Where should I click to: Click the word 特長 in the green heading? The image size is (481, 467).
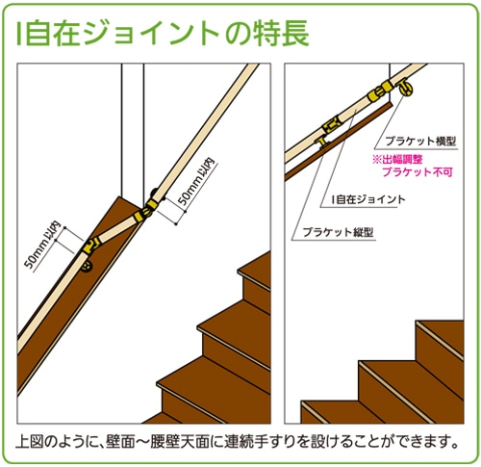point(282,34)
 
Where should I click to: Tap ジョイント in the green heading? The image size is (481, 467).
point(153,34)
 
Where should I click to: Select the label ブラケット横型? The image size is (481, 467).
point(420,142)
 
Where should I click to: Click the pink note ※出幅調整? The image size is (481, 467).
point(397,160)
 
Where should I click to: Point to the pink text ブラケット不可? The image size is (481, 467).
point(418,172)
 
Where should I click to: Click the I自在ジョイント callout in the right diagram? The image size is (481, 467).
point(368,199)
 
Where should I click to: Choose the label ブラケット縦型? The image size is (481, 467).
point(338,232)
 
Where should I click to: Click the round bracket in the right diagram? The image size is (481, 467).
point(405,88)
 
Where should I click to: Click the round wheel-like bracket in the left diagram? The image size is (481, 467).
point(87,266)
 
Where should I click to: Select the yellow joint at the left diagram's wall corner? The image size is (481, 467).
point(146,210)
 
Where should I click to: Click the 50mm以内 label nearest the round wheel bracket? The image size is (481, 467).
point(43,245)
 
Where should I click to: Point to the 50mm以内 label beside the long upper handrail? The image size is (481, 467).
point(196,181)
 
